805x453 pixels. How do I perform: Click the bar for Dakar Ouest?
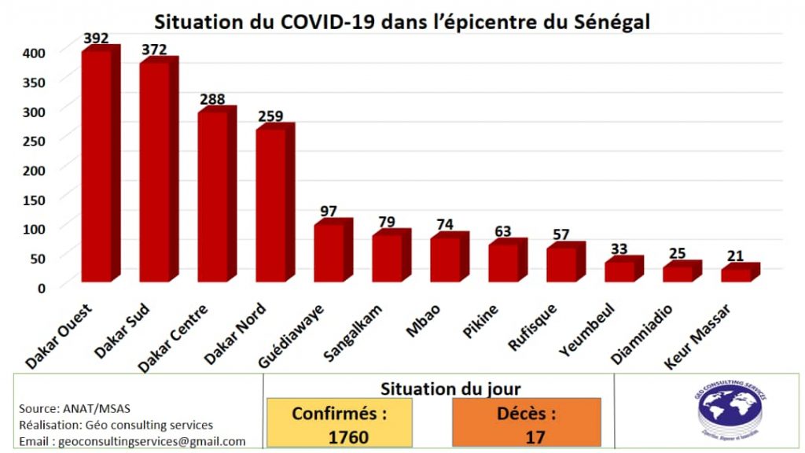tap(97, 165)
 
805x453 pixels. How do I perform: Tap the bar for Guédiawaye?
tap(329, 252)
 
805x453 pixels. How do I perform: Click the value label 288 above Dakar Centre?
tap(212, 99)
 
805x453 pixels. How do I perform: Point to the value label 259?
tap(270, 116)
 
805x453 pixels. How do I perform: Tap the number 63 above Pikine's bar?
tap(502, 231)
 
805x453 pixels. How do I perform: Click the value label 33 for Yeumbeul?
tap(619, 249)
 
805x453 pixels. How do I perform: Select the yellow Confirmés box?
tap(340, 423)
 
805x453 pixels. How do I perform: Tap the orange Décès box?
tap(526, 423)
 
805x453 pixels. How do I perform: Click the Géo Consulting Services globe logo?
tap(731, 411)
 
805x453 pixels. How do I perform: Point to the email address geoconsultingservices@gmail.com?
tap(132, 441)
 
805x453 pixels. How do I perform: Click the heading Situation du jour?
tap(450, 388)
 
